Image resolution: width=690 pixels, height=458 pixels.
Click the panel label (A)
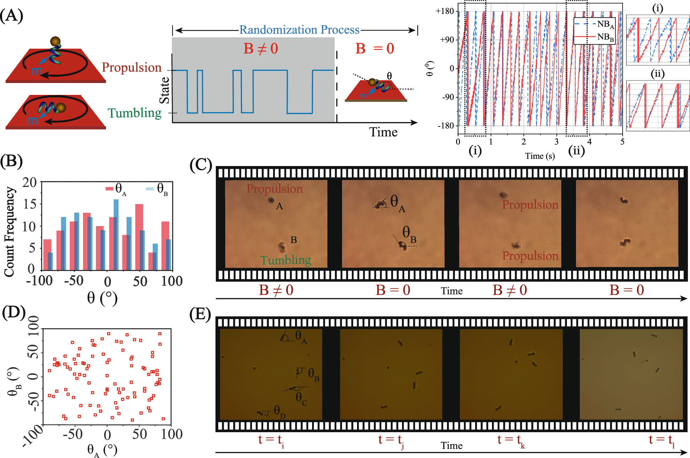[x=12, y=16]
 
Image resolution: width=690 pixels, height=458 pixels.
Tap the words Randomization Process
[x=299, y=30]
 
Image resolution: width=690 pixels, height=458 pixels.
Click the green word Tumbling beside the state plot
[x=135, y=113]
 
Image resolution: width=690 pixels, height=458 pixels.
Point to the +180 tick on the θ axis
[x=445, y=11]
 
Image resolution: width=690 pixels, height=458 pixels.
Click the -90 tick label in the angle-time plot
[x=448, y=97]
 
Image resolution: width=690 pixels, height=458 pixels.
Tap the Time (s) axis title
[x=540, y=156]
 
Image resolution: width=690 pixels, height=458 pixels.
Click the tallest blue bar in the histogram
[x=116, y=234]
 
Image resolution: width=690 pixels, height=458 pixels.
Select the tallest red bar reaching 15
[x=139, y=237]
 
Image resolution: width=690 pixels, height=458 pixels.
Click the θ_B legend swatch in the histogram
[x=150, y=189]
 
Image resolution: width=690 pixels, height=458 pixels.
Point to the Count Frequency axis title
[x=9, y=232]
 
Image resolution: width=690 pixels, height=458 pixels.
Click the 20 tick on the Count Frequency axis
[x=30, y=182]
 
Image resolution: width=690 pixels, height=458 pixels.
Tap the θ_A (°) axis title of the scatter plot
[x=102, y=450]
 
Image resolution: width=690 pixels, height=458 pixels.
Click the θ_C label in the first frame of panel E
[x=301, y=398]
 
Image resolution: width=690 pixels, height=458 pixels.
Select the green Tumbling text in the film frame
[x=286, y=260]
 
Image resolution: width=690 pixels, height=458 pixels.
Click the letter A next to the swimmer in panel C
[x=279, y=207]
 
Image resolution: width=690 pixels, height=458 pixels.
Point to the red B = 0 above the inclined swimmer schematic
[x=374, y=49]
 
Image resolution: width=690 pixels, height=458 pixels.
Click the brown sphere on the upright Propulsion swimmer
[x=55, y=41]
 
